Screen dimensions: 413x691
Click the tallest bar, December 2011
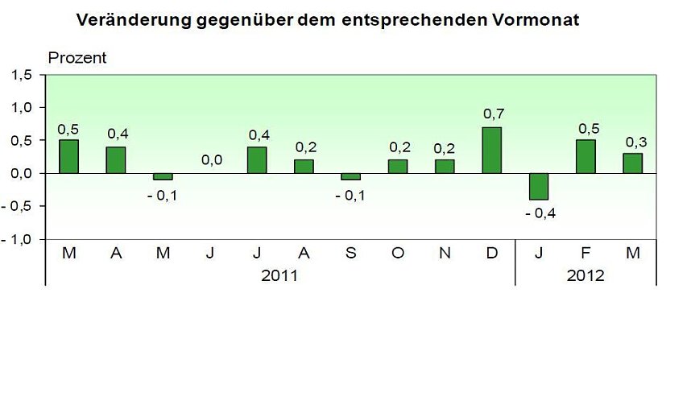click(x=492, y=150)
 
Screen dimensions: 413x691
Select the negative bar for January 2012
click(x=539, y=186)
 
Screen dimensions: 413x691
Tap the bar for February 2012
click(x=585, y=156)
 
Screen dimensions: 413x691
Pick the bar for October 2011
click(x=398, y=166)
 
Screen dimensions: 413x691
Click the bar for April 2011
click(x=116, y=159)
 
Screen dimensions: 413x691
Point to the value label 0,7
click(x=493, y=114)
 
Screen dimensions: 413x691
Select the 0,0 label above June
click(x=211, y=160)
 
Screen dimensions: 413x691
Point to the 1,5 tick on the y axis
click(x=23, y=75)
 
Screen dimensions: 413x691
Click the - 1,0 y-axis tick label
click(x=19, y=239)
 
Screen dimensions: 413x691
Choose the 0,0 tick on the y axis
click(x=23, y=173)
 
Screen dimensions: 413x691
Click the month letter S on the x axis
click(x=351, y=253)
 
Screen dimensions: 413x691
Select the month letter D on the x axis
click(x=492, y=253)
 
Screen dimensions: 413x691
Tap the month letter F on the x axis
click(x=585, y=253)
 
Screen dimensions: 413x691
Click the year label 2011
click(x=279, y=275)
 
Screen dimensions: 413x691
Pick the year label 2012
click(x=585, y=275)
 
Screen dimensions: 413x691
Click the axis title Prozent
click(x=77, y=58)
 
